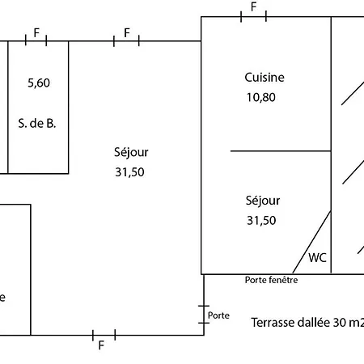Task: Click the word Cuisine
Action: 265,78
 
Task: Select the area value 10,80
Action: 261,97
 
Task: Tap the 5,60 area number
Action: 39,83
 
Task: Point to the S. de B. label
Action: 37,124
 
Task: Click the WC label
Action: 317,258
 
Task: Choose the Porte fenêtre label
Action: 271,280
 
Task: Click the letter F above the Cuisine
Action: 253,7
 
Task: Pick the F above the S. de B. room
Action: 36,33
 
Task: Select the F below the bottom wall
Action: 101,345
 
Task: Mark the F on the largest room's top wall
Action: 127,33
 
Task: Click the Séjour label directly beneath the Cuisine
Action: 263,201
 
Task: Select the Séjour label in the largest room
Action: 131,153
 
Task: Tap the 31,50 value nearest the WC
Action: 261,221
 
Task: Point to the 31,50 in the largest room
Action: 129,172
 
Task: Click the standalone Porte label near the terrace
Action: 218,315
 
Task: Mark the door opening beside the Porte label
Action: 204,315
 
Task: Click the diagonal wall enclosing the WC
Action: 312,242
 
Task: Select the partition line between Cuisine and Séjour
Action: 281,151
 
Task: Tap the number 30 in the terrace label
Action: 339,323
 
